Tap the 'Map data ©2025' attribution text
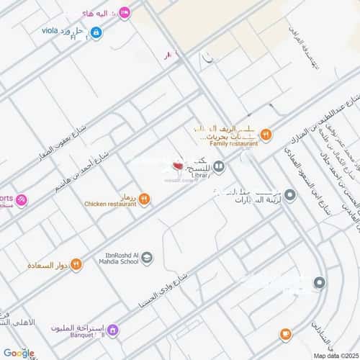point(333,355)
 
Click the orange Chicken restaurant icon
point(145,199)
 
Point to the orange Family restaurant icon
point(266,133)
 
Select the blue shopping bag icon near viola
point(96,32)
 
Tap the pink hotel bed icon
point(124,12)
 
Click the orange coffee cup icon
point(286,334)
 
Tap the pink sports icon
point(22,199)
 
